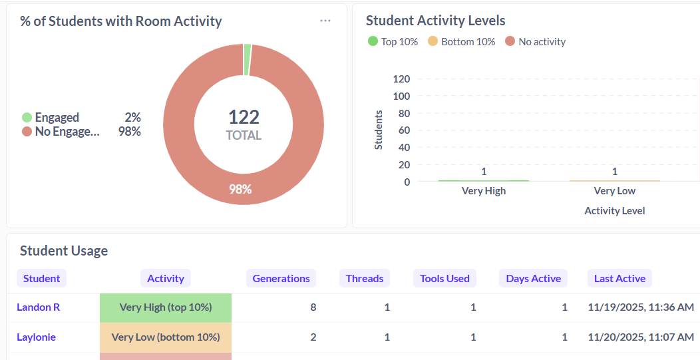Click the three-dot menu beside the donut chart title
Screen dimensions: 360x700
tap(325, 21)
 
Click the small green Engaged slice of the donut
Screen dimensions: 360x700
tap(248, 60)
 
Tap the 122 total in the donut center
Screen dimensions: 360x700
tap(244, 118)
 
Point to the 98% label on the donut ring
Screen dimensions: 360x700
tap(240, 189)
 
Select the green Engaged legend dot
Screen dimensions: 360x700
tap(27, 118)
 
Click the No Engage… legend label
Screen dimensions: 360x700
tap(67, 132)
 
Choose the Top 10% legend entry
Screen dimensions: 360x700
tap(393, 41)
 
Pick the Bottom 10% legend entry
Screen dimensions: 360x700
tap(462, 41)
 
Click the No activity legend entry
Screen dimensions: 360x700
tap(536, 41)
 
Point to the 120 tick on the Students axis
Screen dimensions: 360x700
tap(401, 79)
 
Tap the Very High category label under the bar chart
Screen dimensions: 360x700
tap(484, 191)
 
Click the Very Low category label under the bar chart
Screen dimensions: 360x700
tap(614, 191)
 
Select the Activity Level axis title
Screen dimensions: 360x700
tap(614, 211)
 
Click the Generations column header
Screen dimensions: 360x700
tap(281, 278)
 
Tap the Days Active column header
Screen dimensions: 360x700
tap(533, 278)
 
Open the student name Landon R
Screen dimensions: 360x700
tap(38, 307)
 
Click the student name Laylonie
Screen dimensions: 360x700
tap(36, 337)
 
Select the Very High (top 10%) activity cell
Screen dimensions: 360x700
tap(166, 307)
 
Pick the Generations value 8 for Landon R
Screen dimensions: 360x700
tap(313, 307)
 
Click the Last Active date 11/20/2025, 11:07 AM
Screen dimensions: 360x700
tap(641, 337)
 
